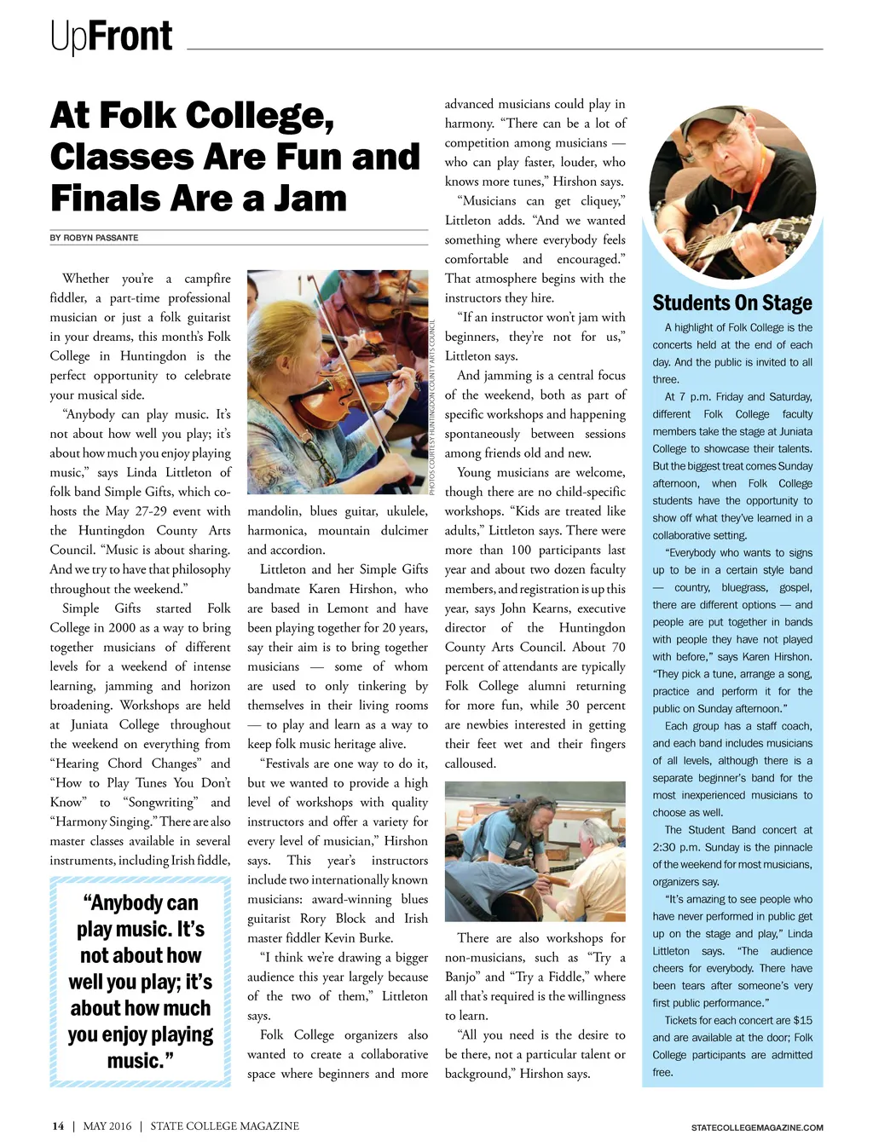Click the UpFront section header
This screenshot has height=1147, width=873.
tap(111, 37)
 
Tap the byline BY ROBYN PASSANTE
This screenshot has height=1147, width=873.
tap(94, 238)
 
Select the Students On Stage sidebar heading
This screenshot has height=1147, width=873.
tap(731, 303)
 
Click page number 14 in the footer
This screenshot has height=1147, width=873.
tap(57, 1126)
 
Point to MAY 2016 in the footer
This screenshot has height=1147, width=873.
tap(107, 1126)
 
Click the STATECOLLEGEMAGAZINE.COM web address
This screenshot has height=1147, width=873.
tap(757, 1127)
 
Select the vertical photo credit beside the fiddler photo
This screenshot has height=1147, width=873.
tap(432, 407)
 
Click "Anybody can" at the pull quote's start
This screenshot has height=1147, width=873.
tap(140, 903)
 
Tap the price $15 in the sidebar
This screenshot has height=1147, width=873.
tap(802, 1020)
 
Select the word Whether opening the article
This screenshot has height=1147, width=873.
tap(85, 279)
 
